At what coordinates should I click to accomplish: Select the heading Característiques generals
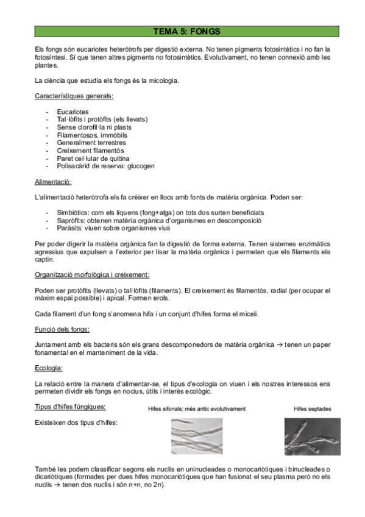point(74,96)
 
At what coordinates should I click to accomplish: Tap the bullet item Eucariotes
point(73,112)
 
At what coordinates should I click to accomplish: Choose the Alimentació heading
point(54,182)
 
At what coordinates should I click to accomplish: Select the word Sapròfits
point(73,221)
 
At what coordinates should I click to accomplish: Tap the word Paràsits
point(71,229)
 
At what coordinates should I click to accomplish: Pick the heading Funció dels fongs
point(63,329)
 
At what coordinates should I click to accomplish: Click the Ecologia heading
point(49,368)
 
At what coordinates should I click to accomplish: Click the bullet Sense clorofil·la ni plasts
point(94,127)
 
